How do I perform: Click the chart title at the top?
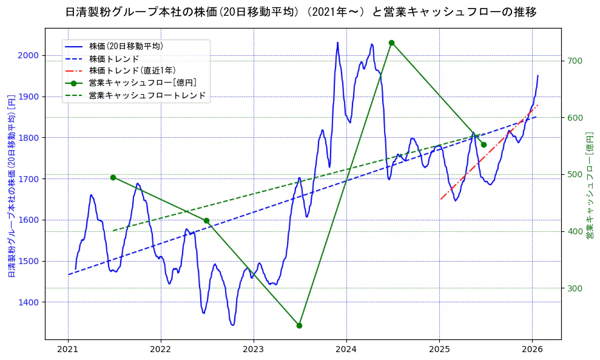point(300,12)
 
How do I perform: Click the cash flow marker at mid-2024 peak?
point(391,42)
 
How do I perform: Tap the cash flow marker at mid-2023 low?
point(299,325)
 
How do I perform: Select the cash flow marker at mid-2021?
point(113,177)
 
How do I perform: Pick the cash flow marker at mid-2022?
point(206,220)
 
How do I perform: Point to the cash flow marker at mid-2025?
point(484,144)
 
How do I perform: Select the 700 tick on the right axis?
point(575,61)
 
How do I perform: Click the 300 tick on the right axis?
point(575,288)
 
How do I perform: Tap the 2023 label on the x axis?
point(254,350)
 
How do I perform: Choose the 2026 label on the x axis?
point(532,350)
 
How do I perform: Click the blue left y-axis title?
point(11,185)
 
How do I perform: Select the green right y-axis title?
point(589,185)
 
